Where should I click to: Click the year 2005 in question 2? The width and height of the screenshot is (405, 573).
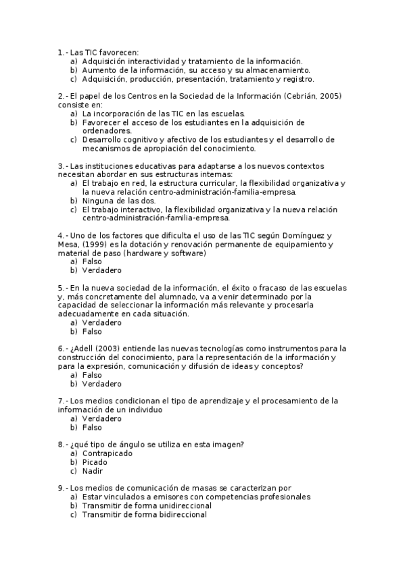point(330,96)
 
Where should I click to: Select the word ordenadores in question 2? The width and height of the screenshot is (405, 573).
point(107,131)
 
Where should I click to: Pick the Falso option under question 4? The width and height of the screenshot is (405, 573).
point(92,261)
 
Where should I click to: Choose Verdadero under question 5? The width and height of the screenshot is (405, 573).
point(101,323)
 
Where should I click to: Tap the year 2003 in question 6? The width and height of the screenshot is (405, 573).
point(113,349)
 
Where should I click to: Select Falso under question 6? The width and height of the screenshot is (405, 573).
point(92,375)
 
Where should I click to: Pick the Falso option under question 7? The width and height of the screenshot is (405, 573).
point(92,427)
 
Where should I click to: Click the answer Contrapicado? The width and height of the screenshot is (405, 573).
point(107,453)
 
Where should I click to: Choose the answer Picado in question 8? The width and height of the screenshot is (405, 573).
point(95,462)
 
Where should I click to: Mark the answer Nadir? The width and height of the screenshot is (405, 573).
point(92,471)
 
